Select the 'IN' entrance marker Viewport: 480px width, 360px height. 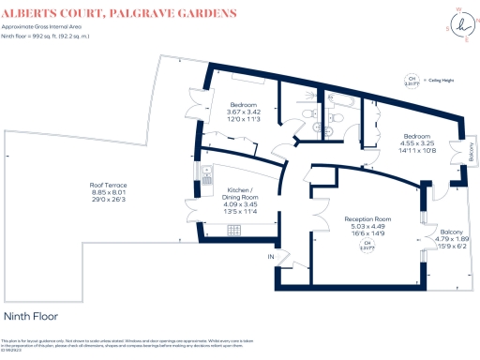[271, 256]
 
